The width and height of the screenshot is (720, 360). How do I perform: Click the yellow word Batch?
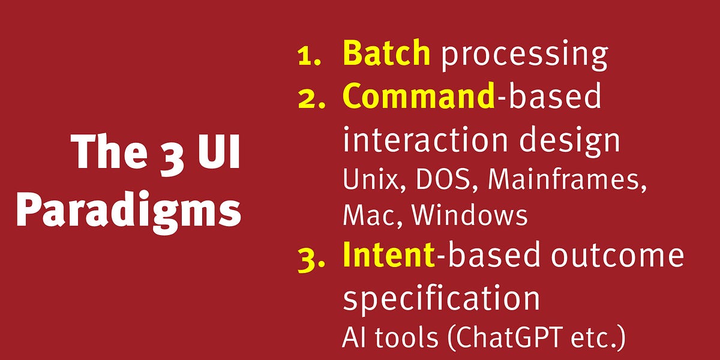(x=386, y=53)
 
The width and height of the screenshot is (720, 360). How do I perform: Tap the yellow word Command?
(x=419, y=97)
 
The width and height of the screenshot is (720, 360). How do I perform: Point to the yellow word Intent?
(x=388, y=255)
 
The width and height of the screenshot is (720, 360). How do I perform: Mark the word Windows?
(x=470, y=215)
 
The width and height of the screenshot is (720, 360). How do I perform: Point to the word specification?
(x=440, y=298)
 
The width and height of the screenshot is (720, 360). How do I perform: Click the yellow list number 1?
(x=308, y=56)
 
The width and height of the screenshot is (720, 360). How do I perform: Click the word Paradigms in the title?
(x=128, y=212)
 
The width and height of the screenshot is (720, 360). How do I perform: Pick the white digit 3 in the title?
(x=167, y=153)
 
